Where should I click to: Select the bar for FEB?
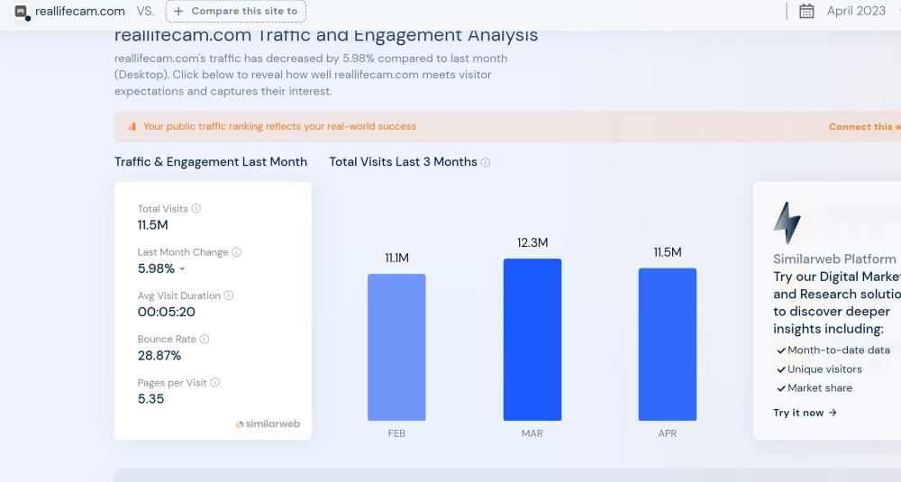point(396,347)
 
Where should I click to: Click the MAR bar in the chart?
point(532,340)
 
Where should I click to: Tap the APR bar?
point(667,344)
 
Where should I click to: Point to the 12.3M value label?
point(532,242)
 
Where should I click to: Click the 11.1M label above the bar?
point(396,258)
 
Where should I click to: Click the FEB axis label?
point(396,433)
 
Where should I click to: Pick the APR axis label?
point(667,433)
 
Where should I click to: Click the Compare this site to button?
point(236,11)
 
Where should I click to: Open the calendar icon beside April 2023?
point(806,11)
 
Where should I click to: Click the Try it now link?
point(805,413)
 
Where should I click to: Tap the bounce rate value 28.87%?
point(159,355)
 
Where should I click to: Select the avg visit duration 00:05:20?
point(166,312)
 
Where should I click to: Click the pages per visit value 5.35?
point(150,398)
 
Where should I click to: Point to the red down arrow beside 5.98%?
point(182,269)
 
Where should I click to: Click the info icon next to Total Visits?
point(196,208)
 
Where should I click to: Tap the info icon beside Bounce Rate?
point(205,339)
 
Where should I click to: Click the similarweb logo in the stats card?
point(268,423)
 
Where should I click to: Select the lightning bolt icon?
point(787,223)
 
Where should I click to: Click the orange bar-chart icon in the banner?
point(132,126)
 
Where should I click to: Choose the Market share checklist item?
point(819,388)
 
